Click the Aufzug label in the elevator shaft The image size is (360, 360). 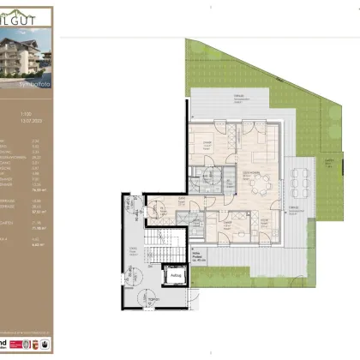click(x=175, y=275)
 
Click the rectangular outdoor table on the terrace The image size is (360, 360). click(x=301, y=181)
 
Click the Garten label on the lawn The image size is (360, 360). click(x=327, y=160)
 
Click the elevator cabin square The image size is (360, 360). click(x=175, y=276)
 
